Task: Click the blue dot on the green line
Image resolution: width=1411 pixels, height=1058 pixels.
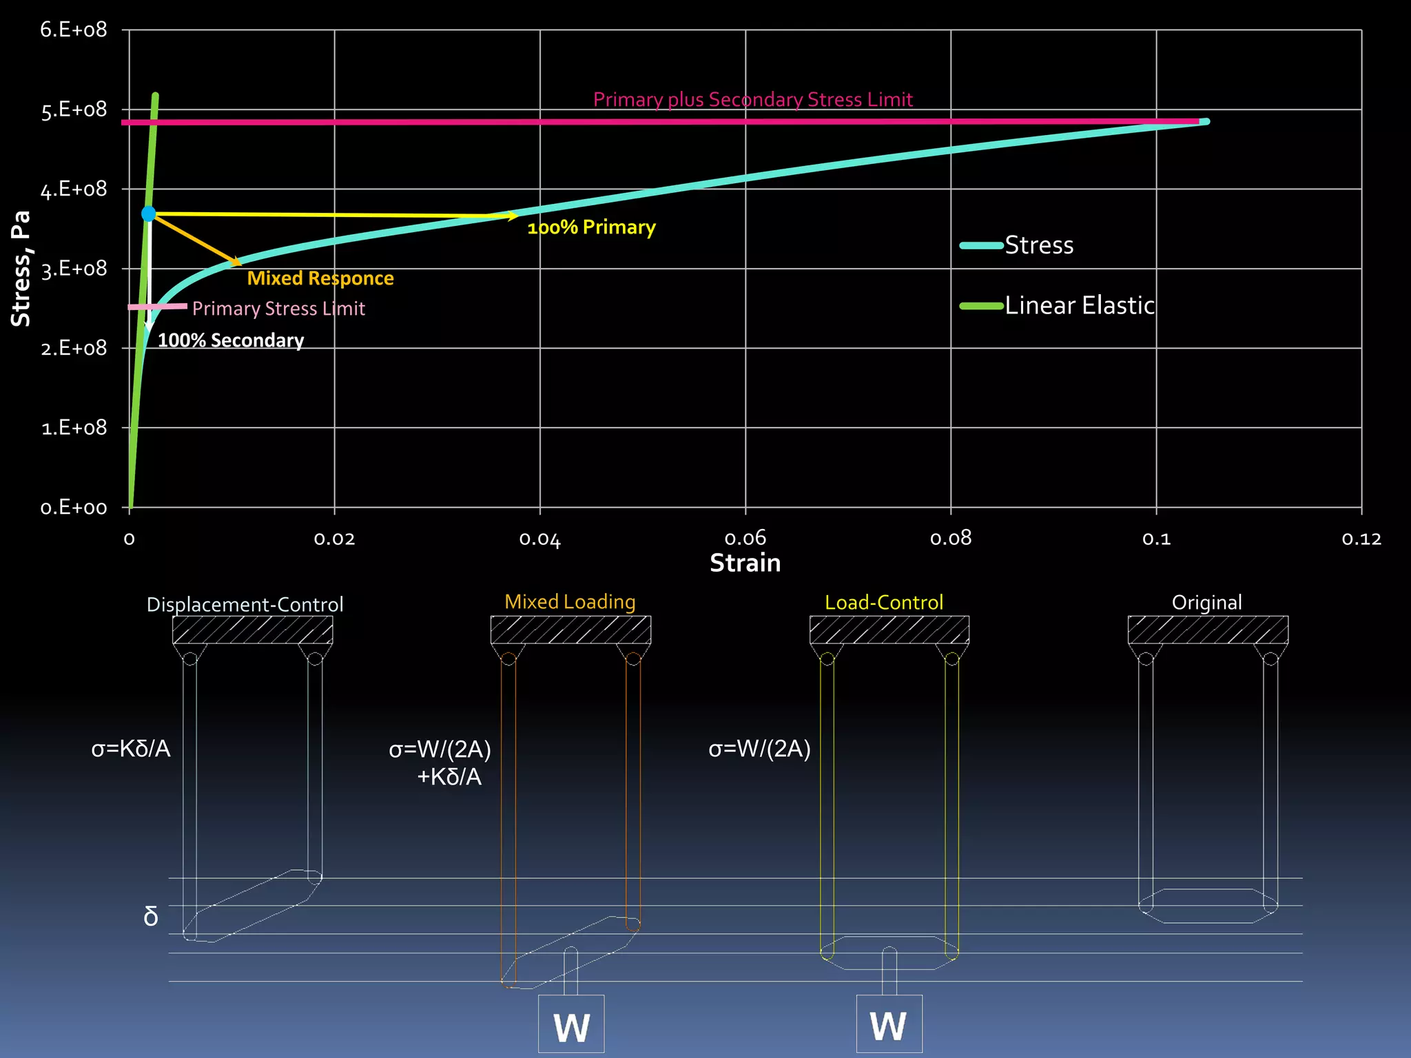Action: [148, 214]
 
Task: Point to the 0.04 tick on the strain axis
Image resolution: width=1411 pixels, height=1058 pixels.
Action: [540, 539]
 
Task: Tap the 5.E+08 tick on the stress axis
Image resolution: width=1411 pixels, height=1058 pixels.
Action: [74, 110]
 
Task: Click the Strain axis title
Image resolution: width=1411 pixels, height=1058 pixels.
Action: [745, 563]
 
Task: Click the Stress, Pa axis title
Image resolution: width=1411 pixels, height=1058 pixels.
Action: [21, 269]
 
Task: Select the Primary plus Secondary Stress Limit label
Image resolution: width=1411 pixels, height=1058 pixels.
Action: [752, 100]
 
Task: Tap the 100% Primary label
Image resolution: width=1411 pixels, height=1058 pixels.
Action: [591, 227]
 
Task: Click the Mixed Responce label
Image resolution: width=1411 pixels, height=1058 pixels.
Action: [320, 278]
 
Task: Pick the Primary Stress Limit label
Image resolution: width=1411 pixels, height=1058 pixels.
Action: [278, 309]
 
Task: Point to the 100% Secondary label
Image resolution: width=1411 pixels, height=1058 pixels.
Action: [231, 340]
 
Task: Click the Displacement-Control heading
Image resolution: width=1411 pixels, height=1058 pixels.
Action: [245, 605]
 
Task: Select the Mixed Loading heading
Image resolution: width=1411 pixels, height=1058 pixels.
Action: [570, 602]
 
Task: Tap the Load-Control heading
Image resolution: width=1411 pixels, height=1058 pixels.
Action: [883, 603]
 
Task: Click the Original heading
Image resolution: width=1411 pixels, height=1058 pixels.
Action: [1206, 603]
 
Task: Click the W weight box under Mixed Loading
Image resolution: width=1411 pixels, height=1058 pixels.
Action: [571, 1024]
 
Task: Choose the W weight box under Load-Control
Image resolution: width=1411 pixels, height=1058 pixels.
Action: [889, 1024]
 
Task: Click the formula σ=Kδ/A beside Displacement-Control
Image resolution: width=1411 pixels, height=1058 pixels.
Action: [131, 749]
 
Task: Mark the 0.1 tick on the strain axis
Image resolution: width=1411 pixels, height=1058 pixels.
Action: [1156, 539]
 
